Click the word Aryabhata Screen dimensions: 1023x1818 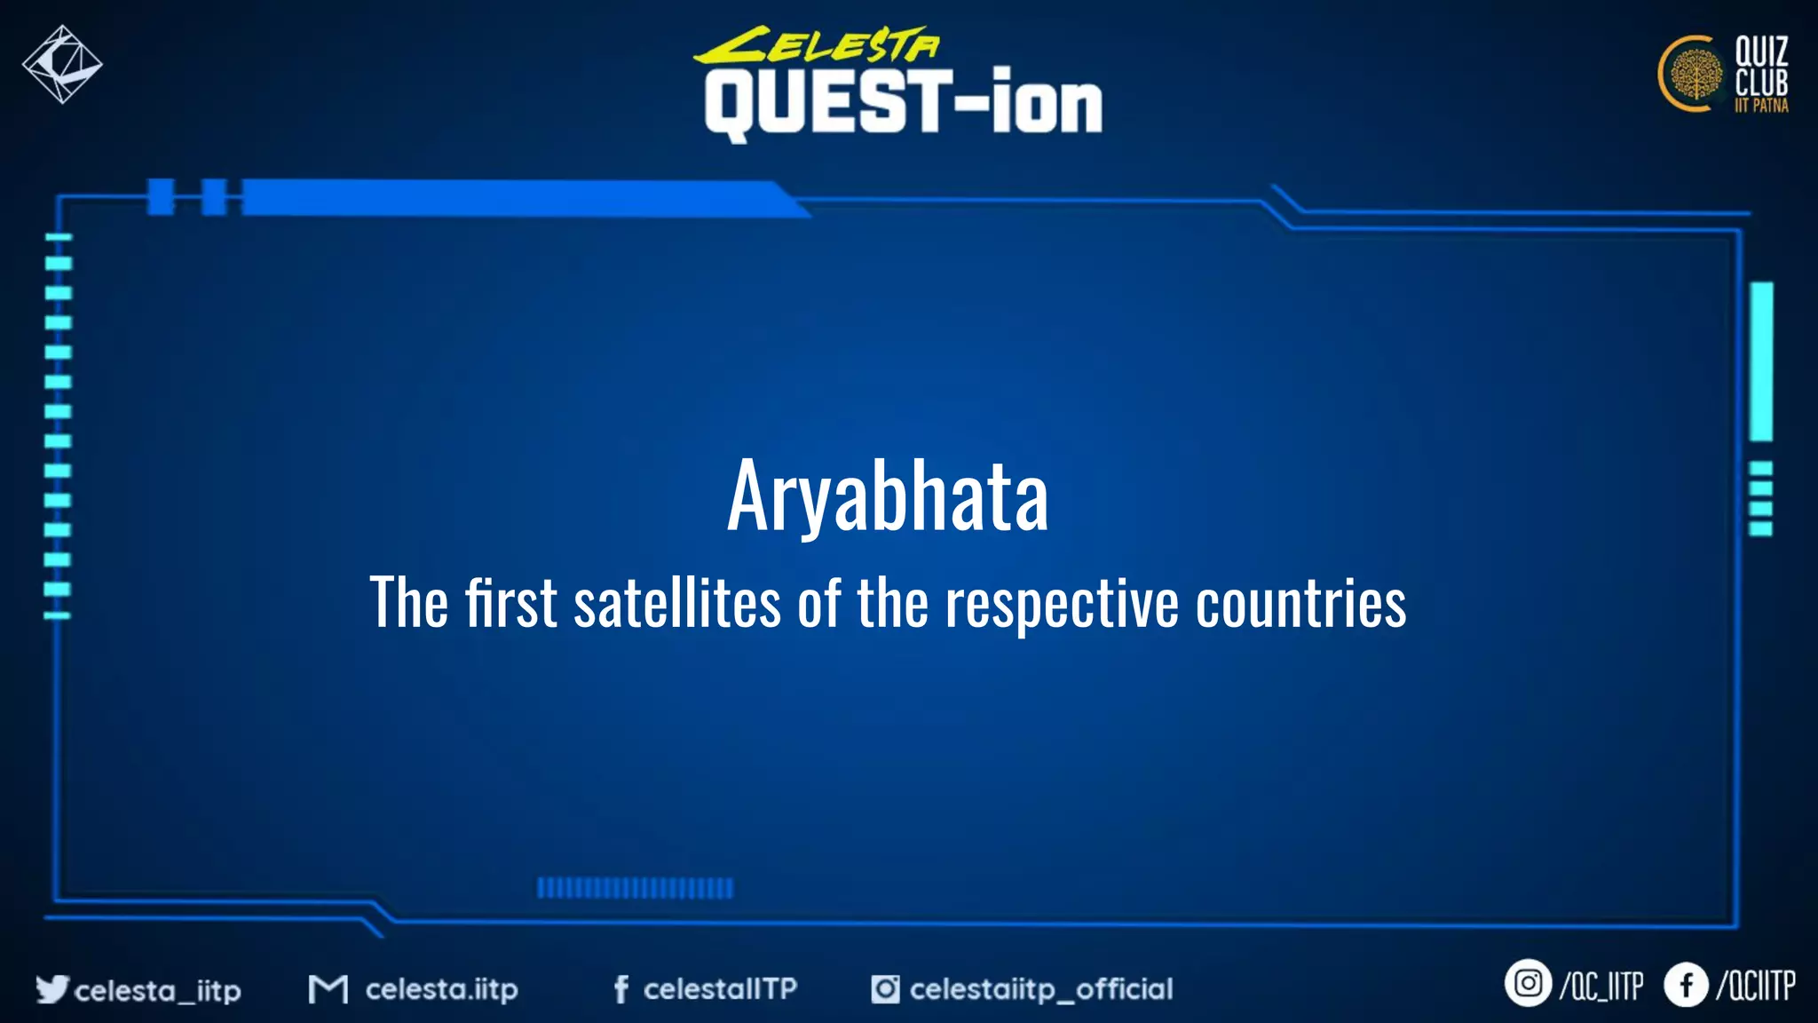coord(888,496)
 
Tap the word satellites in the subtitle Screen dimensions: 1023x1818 coord(677,603)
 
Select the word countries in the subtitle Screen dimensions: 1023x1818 coord(1300,603)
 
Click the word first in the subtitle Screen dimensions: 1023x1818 coord(511,603)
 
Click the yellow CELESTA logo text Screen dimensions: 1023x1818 coord(817,44)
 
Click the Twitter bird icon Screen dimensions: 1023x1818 coord(51,988)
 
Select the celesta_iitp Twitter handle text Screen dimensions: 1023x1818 coord(158,990)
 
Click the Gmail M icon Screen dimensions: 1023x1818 coord(328,988)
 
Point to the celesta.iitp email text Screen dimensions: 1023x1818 coord(441,989)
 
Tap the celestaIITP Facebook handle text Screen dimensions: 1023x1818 coord(720,988)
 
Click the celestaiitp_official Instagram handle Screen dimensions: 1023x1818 coord(1040,988)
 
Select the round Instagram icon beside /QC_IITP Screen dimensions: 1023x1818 coord(1527,984)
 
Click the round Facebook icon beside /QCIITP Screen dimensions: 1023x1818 coord(1685,985)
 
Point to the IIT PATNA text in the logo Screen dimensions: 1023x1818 coord(1761,106)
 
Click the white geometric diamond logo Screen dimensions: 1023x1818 coord(62,64)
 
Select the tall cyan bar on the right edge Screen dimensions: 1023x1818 coord(1761,361)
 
